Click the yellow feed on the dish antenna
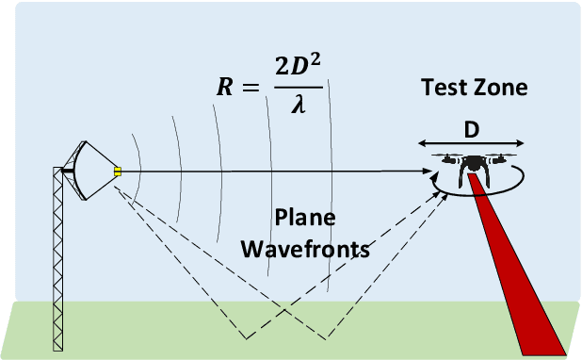click(119, 171)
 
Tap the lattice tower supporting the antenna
click(63, 254)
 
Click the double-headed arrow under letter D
click(471, 143)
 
